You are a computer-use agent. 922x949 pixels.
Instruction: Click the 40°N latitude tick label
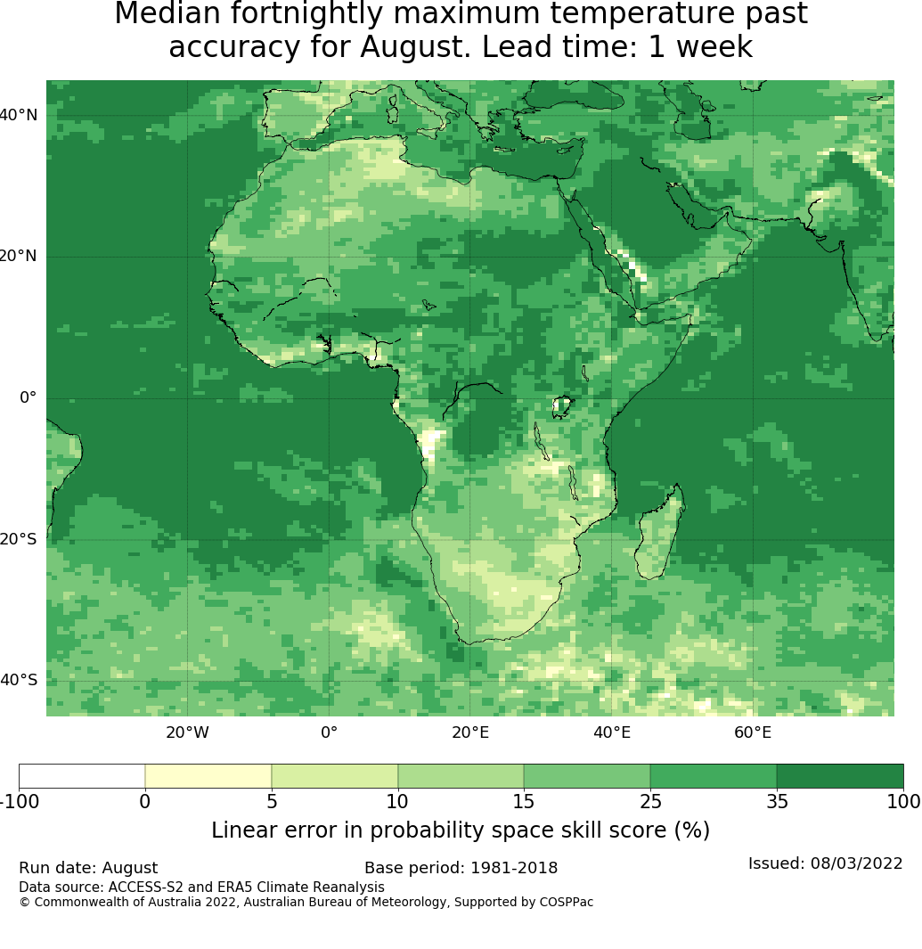18,115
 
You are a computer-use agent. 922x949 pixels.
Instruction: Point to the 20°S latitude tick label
18,539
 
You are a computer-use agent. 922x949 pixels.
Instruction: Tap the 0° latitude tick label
28,397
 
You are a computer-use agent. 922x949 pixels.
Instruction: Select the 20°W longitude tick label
188,733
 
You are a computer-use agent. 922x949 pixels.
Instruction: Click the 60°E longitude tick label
753,733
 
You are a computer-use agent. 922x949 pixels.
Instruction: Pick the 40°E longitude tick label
612,733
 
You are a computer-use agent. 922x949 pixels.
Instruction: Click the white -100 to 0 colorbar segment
82,776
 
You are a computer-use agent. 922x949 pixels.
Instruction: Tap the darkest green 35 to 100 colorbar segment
840,776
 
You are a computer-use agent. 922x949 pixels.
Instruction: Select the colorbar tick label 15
524,802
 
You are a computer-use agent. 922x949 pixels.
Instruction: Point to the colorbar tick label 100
904,802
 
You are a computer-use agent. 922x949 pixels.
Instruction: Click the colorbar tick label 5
272,802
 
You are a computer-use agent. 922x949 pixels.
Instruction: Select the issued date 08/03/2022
856,863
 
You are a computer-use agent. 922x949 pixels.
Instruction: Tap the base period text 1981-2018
514,869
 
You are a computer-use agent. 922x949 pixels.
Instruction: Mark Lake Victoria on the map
562,406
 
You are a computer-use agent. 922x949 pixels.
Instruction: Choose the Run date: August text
88,869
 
